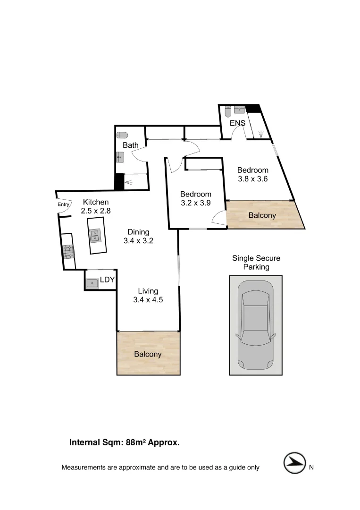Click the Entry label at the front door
tap(63, 204)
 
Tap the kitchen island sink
tap(96, 235)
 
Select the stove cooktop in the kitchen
tap(68, 251)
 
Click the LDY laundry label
tap(108, 280)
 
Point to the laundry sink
tap(92, 283)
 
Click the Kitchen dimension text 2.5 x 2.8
tap(96, 211)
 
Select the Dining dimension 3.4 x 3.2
tap(138, 240)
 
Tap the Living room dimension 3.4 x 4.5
tap(148, 299)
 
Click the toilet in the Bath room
tap(122, 135)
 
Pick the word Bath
tap(130, 145)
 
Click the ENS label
tap(237, 123)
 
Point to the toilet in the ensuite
tap(227, 111)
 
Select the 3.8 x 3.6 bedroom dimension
tap(252, 179)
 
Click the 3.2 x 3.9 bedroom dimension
tap(195, 203)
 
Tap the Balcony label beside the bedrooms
tap(262, 215)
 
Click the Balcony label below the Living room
tap(148, 354)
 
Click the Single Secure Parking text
tap(256, 263)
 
